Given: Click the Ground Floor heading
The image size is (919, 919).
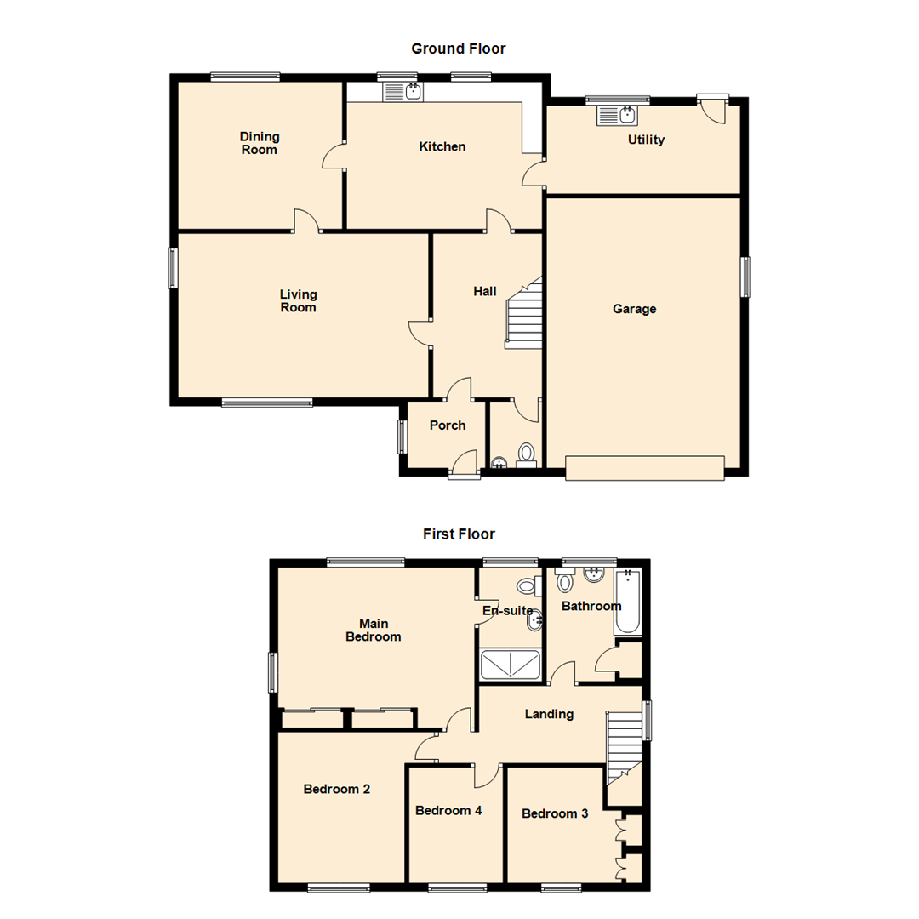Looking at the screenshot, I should [x=458, y=49].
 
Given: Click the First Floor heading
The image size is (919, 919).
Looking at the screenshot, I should [x=459, y=534].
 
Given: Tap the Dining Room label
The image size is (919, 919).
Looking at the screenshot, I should [x=260, y=143].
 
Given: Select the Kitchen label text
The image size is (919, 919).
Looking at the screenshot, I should [x=442, y=146].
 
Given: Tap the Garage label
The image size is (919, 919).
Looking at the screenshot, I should [x=634, y=309].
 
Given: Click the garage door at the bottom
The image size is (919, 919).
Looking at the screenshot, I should [x=644, y=467].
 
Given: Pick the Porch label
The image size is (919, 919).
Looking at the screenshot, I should [x=447, y=425].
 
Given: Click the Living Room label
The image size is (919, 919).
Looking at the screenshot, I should [x=298, y=301].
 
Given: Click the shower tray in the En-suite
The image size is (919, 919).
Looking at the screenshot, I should [x=510, y=665].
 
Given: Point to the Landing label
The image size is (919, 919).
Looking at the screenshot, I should [x=549, y=714].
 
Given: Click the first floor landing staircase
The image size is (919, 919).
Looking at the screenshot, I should [x=623, y=747].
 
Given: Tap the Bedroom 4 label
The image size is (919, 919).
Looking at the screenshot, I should [x=448, y=810].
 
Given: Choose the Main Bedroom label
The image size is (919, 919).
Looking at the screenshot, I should [x=373, y=630].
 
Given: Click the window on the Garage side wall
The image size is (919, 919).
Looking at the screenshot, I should [x=745, y=277].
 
